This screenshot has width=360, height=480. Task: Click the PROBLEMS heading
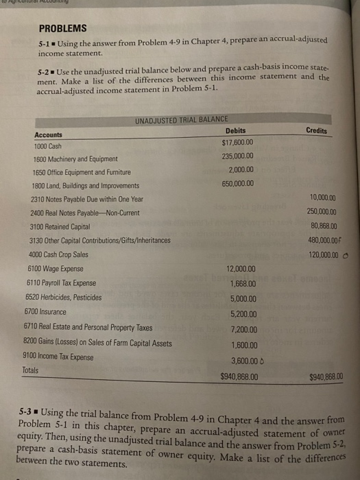[x=62, y=28]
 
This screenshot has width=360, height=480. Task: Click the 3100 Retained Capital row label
[x=66, y=226]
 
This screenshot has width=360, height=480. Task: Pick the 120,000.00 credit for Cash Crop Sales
[x=322, y=254]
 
